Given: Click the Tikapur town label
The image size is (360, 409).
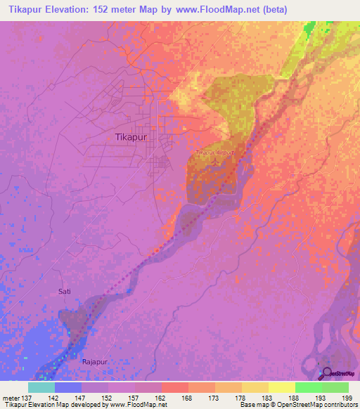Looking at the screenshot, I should [130, 138].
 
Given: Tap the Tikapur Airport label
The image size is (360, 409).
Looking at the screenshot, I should [214, 152].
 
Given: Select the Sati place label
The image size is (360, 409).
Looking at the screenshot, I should [65, 290].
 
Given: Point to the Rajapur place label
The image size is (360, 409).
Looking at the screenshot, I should [96, 341].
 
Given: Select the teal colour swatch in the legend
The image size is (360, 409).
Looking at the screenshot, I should [41, 387].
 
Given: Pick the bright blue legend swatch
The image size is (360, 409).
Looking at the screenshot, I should [68, 387].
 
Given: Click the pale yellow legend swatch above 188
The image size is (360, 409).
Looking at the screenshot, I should [282, 387].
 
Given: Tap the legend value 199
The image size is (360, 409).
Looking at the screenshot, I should [347, 398].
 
